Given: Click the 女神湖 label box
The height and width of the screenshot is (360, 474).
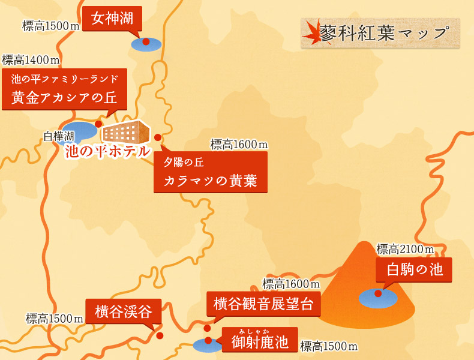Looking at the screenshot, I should (112, 18).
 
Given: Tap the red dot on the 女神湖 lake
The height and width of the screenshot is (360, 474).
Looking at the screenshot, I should (145, 42).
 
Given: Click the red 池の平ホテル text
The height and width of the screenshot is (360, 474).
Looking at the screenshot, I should (107, 151).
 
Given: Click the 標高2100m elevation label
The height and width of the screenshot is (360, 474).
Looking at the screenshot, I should (405, 248).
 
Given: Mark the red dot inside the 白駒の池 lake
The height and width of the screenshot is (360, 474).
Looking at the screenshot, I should (378, 293).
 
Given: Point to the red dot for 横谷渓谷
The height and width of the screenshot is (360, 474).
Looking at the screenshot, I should (160, 335).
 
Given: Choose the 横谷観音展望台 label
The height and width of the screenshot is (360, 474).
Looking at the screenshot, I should (263, 304).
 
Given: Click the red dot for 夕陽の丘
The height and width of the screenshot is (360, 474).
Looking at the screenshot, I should (158, 137).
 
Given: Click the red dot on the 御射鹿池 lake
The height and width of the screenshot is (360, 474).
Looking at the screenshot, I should (208, 340).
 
